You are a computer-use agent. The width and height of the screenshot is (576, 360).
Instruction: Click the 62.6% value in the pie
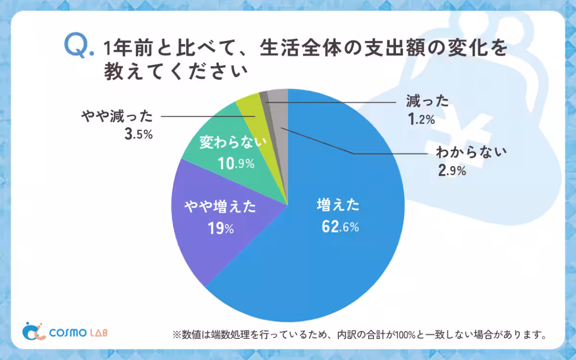[340, 227]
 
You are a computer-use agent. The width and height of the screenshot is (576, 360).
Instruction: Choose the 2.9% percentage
[452, 170]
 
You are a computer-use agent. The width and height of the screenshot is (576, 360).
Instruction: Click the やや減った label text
[117, 117]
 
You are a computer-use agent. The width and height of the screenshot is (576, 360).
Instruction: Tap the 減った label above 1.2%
[427, 101]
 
